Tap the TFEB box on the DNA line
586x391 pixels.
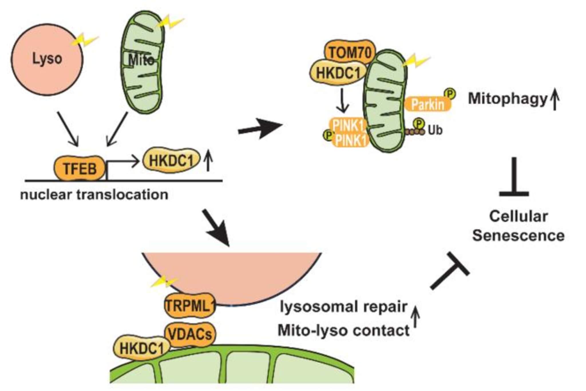point(80,168)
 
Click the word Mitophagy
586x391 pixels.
point(507,99)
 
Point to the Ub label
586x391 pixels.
point(435,131)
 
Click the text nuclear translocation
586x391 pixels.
point(94,195)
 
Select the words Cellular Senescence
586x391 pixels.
point(518,226)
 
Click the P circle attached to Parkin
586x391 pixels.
point(450,94)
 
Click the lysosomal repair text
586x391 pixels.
point(343,307)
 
